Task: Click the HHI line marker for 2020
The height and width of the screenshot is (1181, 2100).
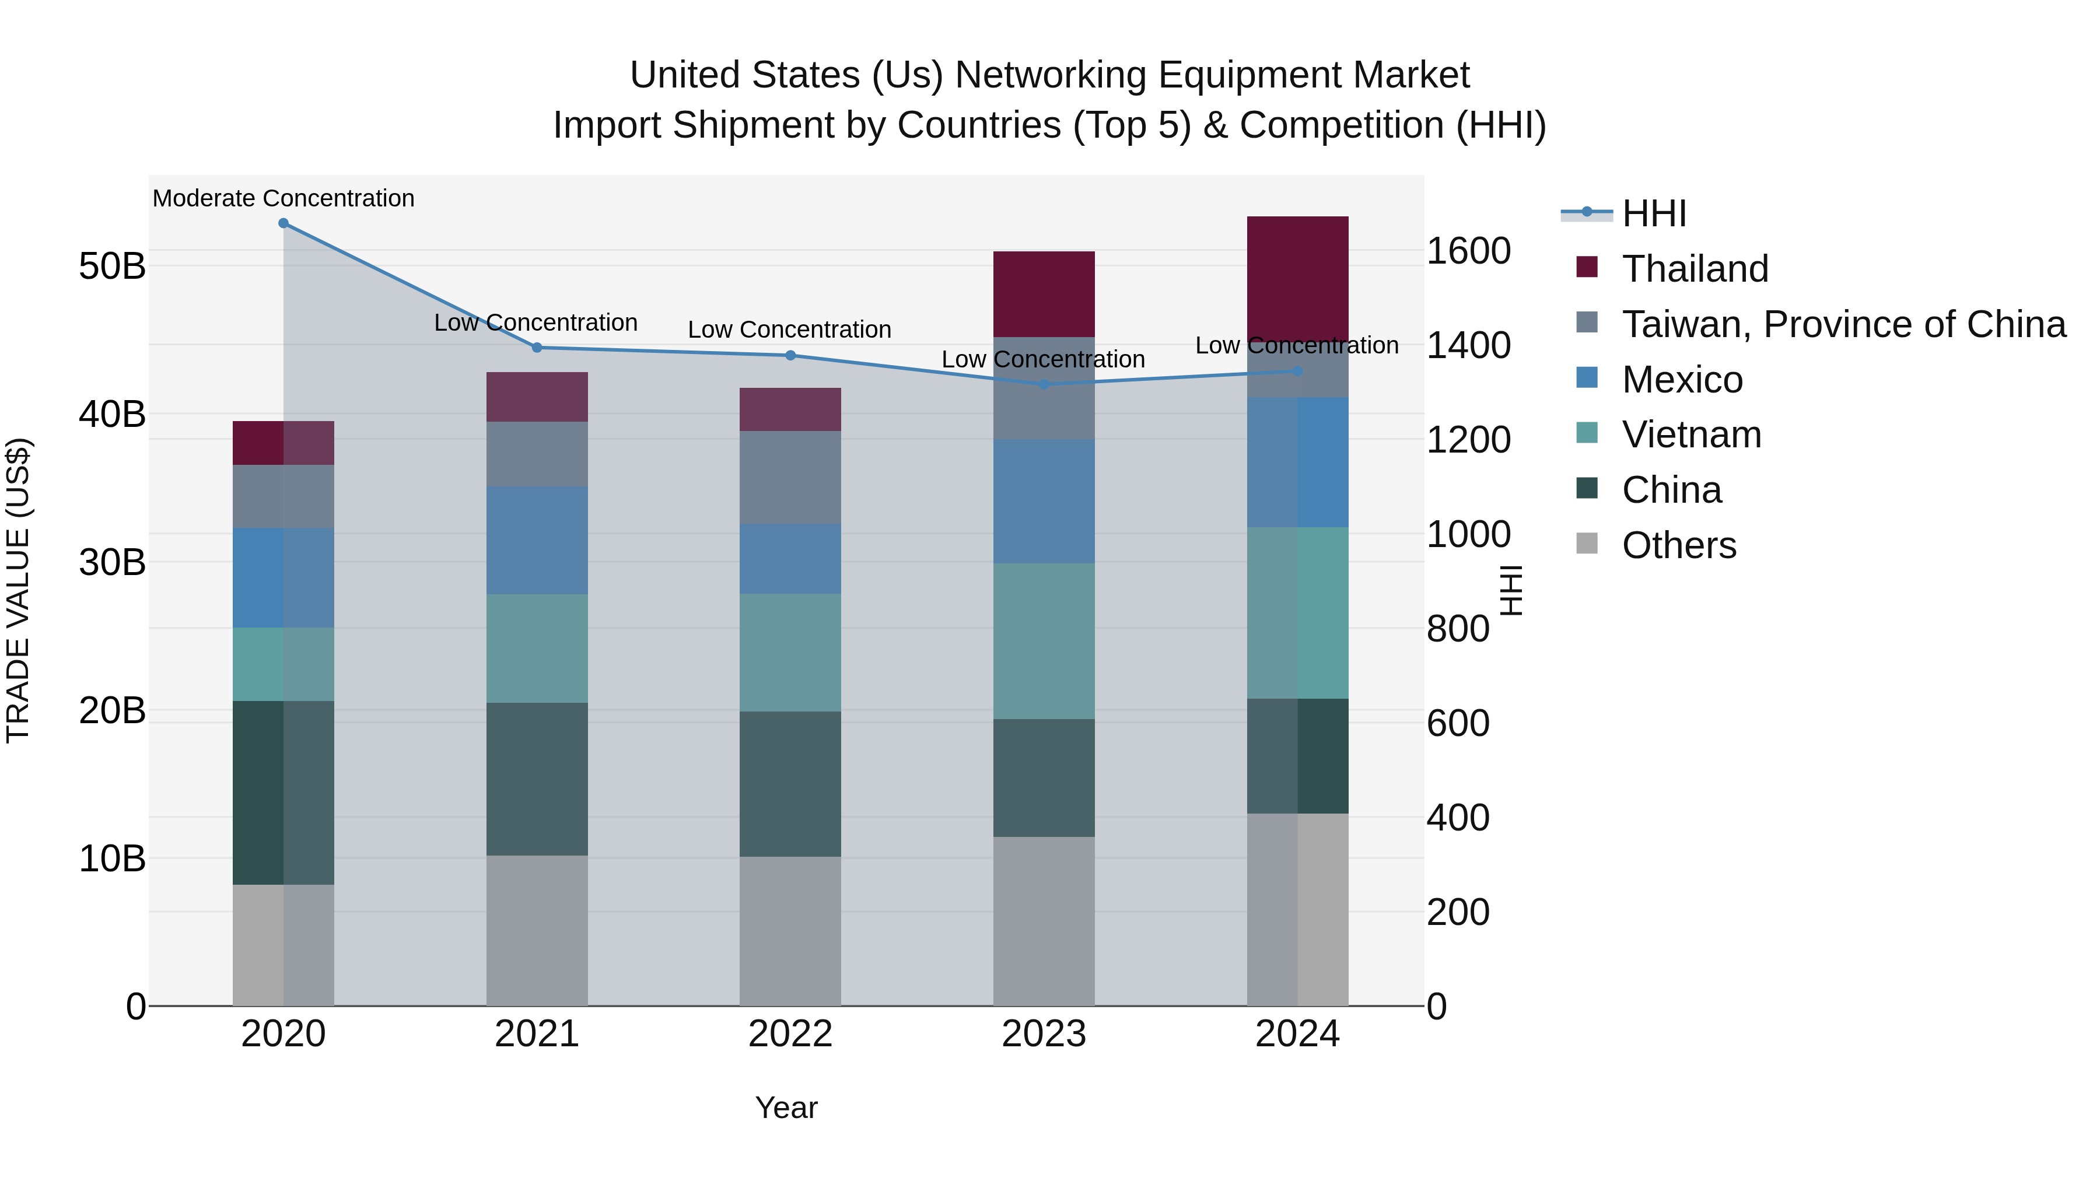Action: click(x=283, y=223)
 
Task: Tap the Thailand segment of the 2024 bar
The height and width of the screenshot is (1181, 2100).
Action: click(x=1297, y=273)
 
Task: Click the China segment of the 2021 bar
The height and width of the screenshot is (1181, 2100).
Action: click(x=537, y=779)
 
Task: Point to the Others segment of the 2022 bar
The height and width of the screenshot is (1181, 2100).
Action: click(x=790, y=930)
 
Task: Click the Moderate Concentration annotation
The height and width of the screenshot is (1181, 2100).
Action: click(x=283, y=198)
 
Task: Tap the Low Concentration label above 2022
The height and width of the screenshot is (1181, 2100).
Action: click(x=789, y=330)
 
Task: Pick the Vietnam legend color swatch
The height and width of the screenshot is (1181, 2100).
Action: click(x=1587, y=433)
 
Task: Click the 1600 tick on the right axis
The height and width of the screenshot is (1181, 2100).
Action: click(x=1468, y=251)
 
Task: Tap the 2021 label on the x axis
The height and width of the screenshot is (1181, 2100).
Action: click(x=537, y=1034)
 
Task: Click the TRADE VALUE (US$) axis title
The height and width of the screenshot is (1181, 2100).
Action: click(x=18, y=590)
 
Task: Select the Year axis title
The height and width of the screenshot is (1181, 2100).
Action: click(x=786, y=1108)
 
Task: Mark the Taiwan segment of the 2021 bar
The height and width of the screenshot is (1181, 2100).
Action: click(x=537, y=454)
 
